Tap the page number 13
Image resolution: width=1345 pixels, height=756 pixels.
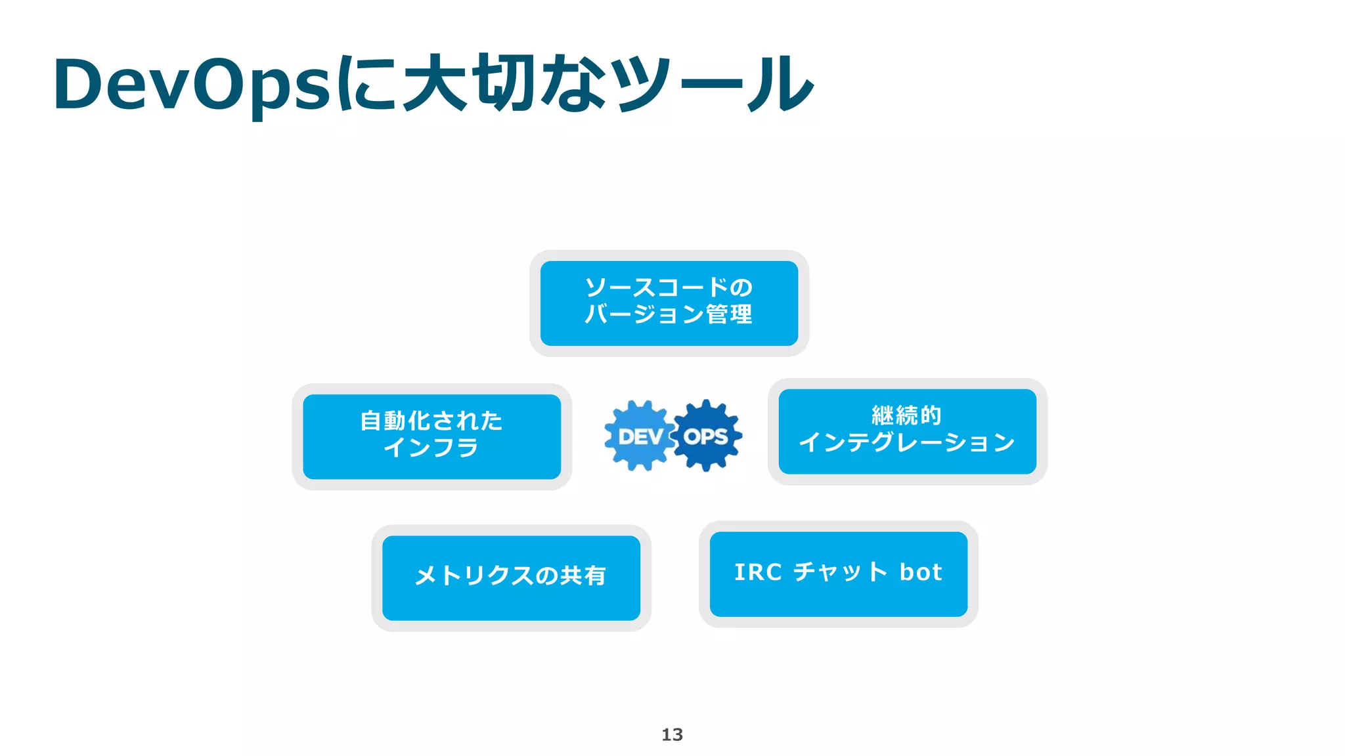(x=672, y=734)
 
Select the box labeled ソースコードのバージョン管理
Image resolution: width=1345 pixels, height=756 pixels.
(x=669, y=303)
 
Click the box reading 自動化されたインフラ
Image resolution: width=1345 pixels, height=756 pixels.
(x=431, y=436)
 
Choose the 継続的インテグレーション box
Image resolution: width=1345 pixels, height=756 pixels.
(x=907, y=431)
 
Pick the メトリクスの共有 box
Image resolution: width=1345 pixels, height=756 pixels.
(x=511, y=577)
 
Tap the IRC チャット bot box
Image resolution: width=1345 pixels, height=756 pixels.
(x=838, y=574)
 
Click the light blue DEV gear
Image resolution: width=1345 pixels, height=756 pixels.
(x=640, y=436)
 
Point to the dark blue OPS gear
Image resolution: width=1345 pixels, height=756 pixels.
(x=707, y=436)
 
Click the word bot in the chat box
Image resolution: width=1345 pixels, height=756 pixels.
(x=921, y=572)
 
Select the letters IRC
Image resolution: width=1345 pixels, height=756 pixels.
(x=758, y=572)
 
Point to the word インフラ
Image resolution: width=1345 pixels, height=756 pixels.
(x=431, y=448)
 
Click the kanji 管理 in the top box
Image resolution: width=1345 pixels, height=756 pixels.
(x=729, y=314)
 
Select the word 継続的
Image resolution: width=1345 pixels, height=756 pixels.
(x=906, y=415)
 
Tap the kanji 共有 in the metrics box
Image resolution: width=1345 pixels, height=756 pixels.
(x=583, y=576)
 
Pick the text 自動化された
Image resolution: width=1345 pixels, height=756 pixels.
(x=431, y=421)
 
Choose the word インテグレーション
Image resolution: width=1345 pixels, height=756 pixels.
(x=907, y=443)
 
